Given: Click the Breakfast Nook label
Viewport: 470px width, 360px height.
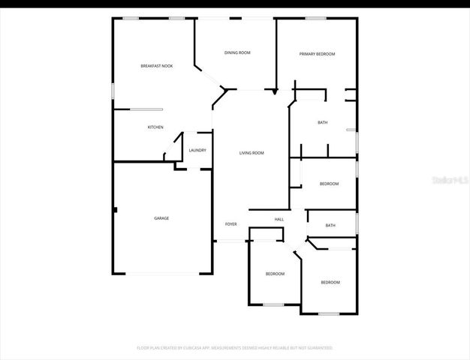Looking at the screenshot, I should tap(157, 66).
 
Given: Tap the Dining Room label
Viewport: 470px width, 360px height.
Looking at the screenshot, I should tap(237, 52).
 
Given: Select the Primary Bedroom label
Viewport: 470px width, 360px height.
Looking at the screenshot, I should tap(317, 54).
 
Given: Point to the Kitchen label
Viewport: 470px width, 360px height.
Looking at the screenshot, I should tap(155, 127).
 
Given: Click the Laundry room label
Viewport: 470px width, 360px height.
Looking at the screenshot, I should tap(197, 150).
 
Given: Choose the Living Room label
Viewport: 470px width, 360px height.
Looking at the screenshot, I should tap(252, 153).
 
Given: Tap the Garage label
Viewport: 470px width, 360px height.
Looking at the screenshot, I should tap(161, 218).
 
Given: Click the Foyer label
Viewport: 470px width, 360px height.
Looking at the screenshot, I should tap(231, 223).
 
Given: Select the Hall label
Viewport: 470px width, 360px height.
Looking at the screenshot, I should tap(279, 219).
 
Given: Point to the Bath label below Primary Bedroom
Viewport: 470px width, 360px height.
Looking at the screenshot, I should tap(323, 122).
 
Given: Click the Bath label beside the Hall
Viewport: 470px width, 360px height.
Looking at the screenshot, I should tap(330, 225).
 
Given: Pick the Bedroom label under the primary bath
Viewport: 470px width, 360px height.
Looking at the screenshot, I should tap(329, 184).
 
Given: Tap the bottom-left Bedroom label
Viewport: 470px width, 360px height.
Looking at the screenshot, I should tap(275, 274).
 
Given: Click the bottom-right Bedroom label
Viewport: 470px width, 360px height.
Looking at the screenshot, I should tap(330, 282).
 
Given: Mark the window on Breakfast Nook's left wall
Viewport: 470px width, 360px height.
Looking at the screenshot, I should tap(113, 89).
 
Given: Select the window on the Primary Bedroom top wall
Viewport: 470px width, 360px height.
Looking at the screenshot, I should tap(315, 18).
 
